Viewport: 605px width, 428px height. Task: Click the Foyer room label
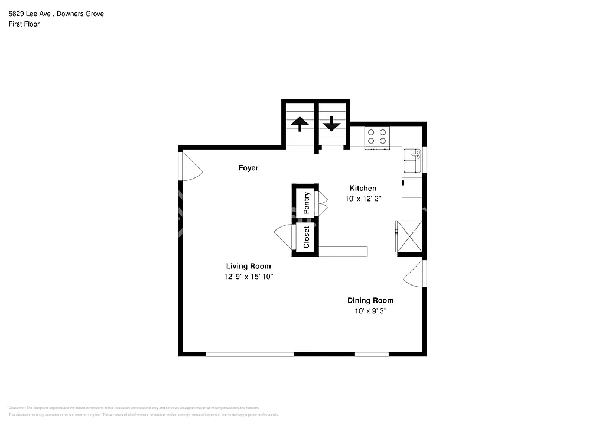[x=248, y=168]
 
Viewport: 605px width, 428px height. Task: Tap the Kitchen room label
[x=363, y=188]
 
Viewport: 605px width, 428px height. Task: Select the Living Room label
[x=248, y=266]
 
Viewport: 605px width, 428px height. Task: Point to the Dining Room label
[x=370, y=300]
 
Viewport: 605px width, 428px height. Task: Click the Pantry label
[x=307, y=202]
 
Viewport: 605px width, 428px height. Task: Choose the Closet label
[x=307, y=237]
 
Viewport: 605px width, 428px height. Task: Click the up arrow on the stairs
[x=300, y=124]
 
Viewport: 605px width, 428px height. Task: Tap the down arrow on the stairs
[x=331, y=124]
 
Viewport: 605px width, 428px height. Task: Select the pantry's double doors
[x=323, y=202]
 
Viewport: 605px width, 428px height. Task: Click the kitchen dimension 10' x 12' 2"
[x=363, y=199]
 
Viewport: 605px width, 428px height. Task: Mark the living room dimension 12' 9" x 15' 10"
[x=248, y=277]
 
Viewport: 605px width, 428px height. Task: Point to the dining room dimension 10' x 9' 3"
[x=370, y=311]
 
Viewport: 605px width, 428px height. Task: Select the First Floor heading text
[x=24, y=24]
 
